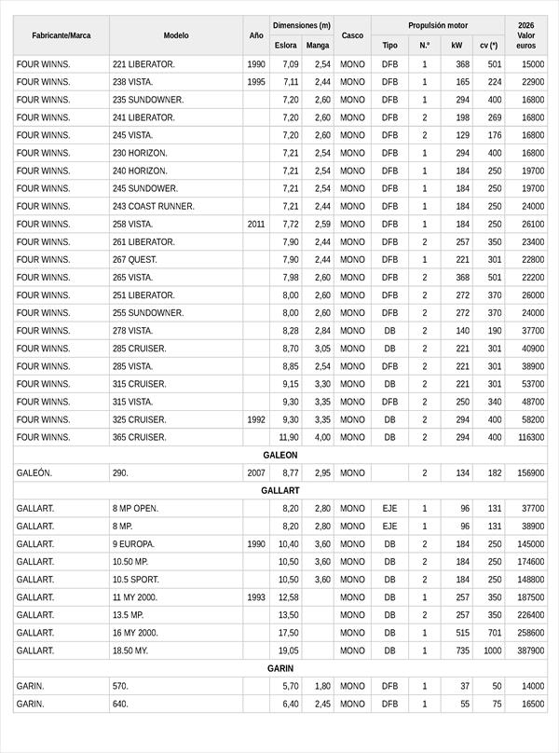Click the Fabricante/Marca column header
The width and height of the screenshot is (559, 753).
(61, 35)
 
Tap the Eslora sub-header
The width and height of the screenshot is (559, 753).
(286, 45)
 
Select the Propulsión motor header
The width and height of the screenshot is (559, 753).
(438, 25)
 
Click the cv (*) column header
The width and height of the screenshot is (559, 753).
(489, 45)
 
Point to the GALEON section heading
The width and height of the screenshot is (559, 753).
(279, 455)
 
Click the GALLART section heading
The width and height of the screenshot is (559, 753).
(279, 490)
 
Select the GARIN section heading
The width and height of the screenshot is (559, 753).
(279, 668)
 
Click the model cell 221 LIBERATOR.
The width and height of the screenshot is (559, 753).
(143, 64)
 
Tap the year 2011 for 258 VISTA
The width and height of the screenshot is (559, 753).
(256, 225)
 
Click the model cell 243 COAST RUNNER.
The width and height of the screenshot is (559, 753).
(153, 207)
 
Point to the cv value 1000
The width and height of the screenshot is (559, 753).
(491, 650)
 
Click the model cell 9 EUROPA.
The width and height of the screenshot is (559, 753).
(134, 544)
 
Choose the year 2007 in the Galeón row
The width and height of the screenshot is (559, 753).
(256, 473)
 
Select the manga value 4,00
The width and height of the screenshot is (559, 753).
(321, 437)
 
